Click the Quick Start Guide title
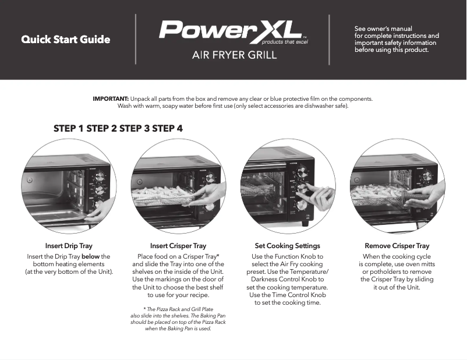(x=66, y=40)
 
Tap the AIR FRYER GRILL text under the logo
(x=232, y=56)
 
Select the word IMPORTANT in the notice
(x=111, y=98)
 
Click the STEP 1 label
(x=68, y=128)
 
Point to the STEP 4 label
(x=167, y=128)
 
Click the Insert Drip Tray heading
(x=69, y=246)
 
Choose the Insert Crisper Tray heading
(x=178, y=246)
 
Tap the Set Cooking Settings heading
(x=288, y=246)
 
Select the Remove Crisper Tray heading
(x=397, y=246)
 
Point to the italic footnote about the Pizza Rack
(x=178, y=318)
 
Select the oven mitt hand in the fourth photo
(x=428, y=195)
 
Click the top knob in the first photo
(x=100, y=175)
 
